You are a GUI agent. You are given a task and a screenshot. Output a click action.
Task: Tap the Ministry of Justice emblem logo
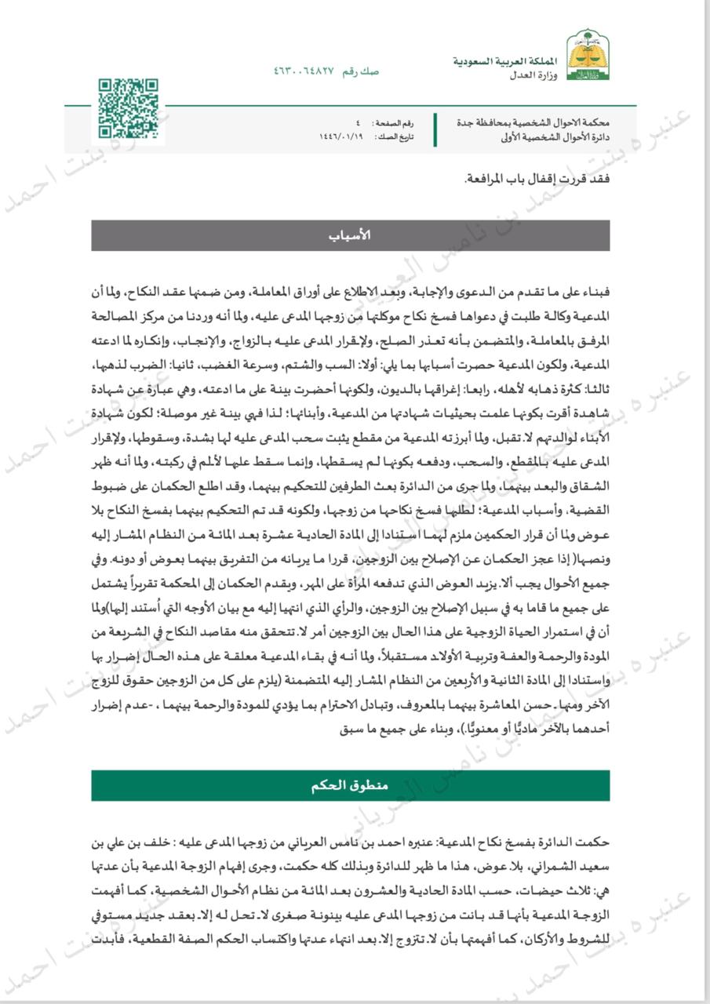588,56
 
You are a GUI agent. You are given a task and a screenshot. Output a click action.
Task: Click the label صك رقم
363,71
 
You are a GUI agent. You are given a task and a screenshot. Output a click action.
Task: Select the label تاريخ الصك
395,136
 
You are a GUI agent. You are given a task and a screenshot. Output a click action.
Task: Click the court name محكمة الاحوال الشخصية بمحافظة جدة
533,124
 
